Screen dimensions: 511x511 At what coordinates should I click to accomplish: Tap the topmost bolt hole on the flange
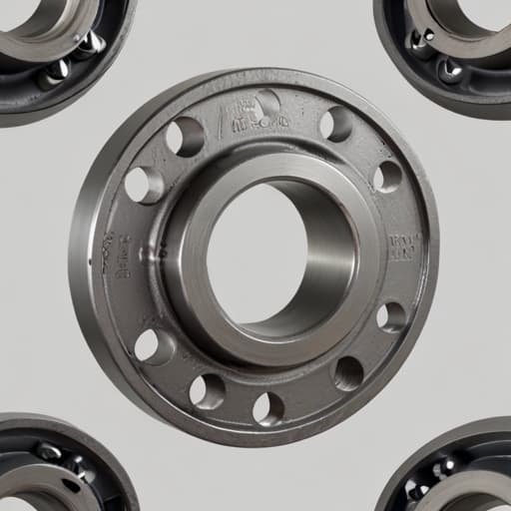266,104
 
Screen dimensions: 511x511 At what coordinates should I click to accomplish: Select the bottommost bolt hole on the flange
267,408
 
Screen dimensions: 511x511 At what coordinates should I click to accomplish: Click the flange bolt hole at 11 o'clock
185,137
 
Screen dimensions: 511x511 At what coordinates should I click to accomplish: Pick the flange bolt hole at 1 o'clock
335,124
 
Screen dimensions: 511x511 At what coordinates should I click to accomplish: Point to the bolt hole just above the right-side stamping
387,177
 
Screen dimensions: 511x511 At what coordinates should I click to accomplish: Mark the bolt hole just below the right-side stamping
391,316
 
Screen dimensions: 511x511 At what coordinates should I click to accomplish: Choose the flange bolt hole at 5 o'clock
348,373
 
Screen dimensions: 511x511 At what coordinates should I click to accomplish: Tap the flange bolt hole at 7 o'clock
207,391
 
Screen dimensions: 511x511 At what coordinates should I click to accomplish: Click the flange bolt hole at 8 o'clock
153,345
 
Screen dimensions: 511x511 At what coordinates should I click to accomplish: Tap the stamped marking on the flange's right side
403,246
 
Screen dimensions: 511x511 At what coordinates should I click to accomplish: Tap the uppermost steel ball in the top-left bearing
92,43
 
